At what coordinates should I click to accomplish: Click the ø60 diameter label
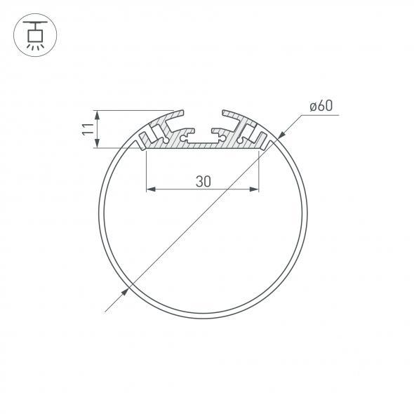coord(320,107)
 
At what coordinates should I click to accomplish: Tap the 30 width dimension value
coord(203,181)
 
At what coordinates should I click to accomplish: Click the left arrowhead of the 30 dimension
coord(149,189)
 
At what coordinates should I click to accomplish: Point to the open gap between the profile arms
coord(203,116)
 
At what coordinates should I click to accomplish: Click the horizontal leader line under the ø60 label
coord(320,115)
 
